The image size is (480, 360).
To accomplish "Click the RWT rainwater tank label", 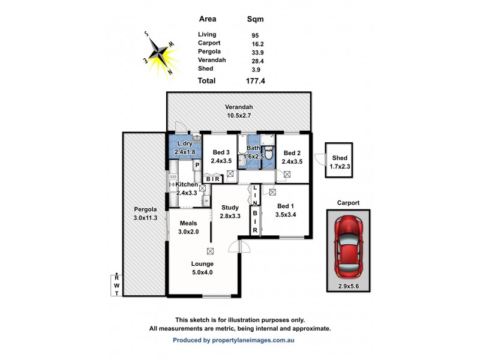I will [x=117, y=285].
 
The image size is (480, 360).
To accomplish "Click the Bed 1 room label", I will [x=285, y=209].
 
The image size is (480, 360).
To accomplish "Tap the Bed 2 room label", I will [x=292, y=157].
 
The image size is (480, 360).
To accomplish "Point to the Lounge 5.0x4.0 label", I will [x=203, y=268].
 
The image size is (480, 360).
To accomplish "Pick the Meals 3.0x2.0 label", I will [x=188, y=227].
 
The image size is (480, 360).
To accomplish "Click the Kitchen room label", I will [x=187, y=188].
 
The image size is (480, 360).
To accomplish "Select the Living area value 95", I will [x=256, y=35].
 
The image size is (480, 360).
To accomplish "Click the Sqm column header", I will [x=256, y=19].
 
